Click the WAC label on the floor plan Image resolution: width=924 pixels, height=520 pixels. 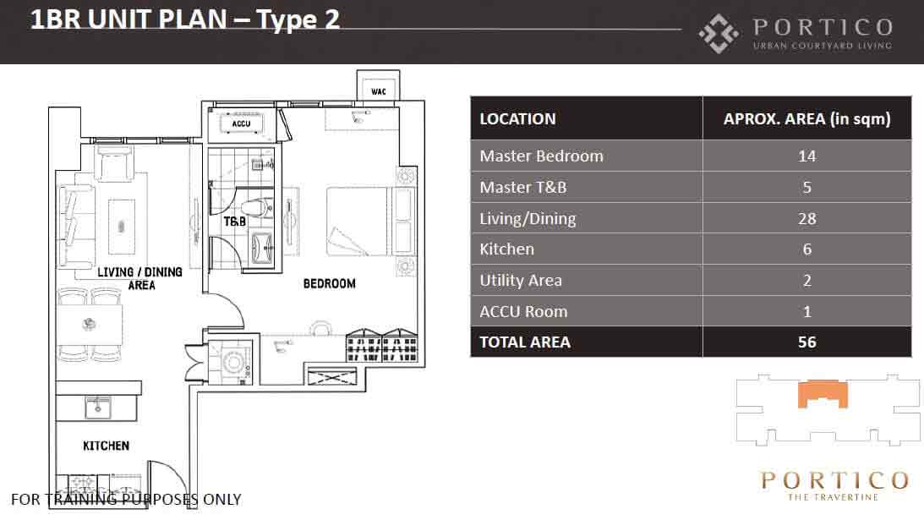379,91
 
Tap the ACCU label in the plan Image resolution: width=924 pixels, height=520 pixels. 241,123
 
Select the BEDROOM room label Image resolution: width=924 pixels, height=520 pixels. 330,283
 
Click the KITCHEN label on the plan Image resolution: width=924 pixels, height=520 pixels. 106,446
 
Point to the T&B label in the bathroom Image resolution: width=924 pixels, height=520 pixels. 234,222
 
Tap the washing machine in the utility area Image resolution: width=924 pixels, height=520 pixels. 234,360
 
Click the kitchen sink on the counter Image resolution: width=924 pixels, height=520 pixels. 98,408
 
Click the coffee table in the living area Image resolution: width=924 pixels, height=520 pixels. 122,227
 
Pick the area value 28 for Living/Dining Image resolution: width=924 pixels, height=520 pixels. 806,219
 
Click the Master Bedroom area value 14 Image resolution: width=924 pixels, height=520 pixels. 806,156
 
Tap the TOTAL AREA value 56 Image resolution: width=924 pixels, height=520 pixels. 806,342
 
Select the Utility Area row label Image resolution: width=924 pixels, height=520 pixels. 521,281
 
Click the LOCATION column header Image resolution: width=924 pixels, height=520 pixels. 517,119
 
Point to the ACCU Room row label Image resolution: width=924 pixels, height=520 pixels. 523,311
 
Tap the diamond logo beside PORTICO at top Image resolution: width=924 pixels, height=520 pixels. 719,34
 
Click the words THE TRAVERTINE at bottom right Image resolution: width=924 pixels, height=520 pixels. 834,497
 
